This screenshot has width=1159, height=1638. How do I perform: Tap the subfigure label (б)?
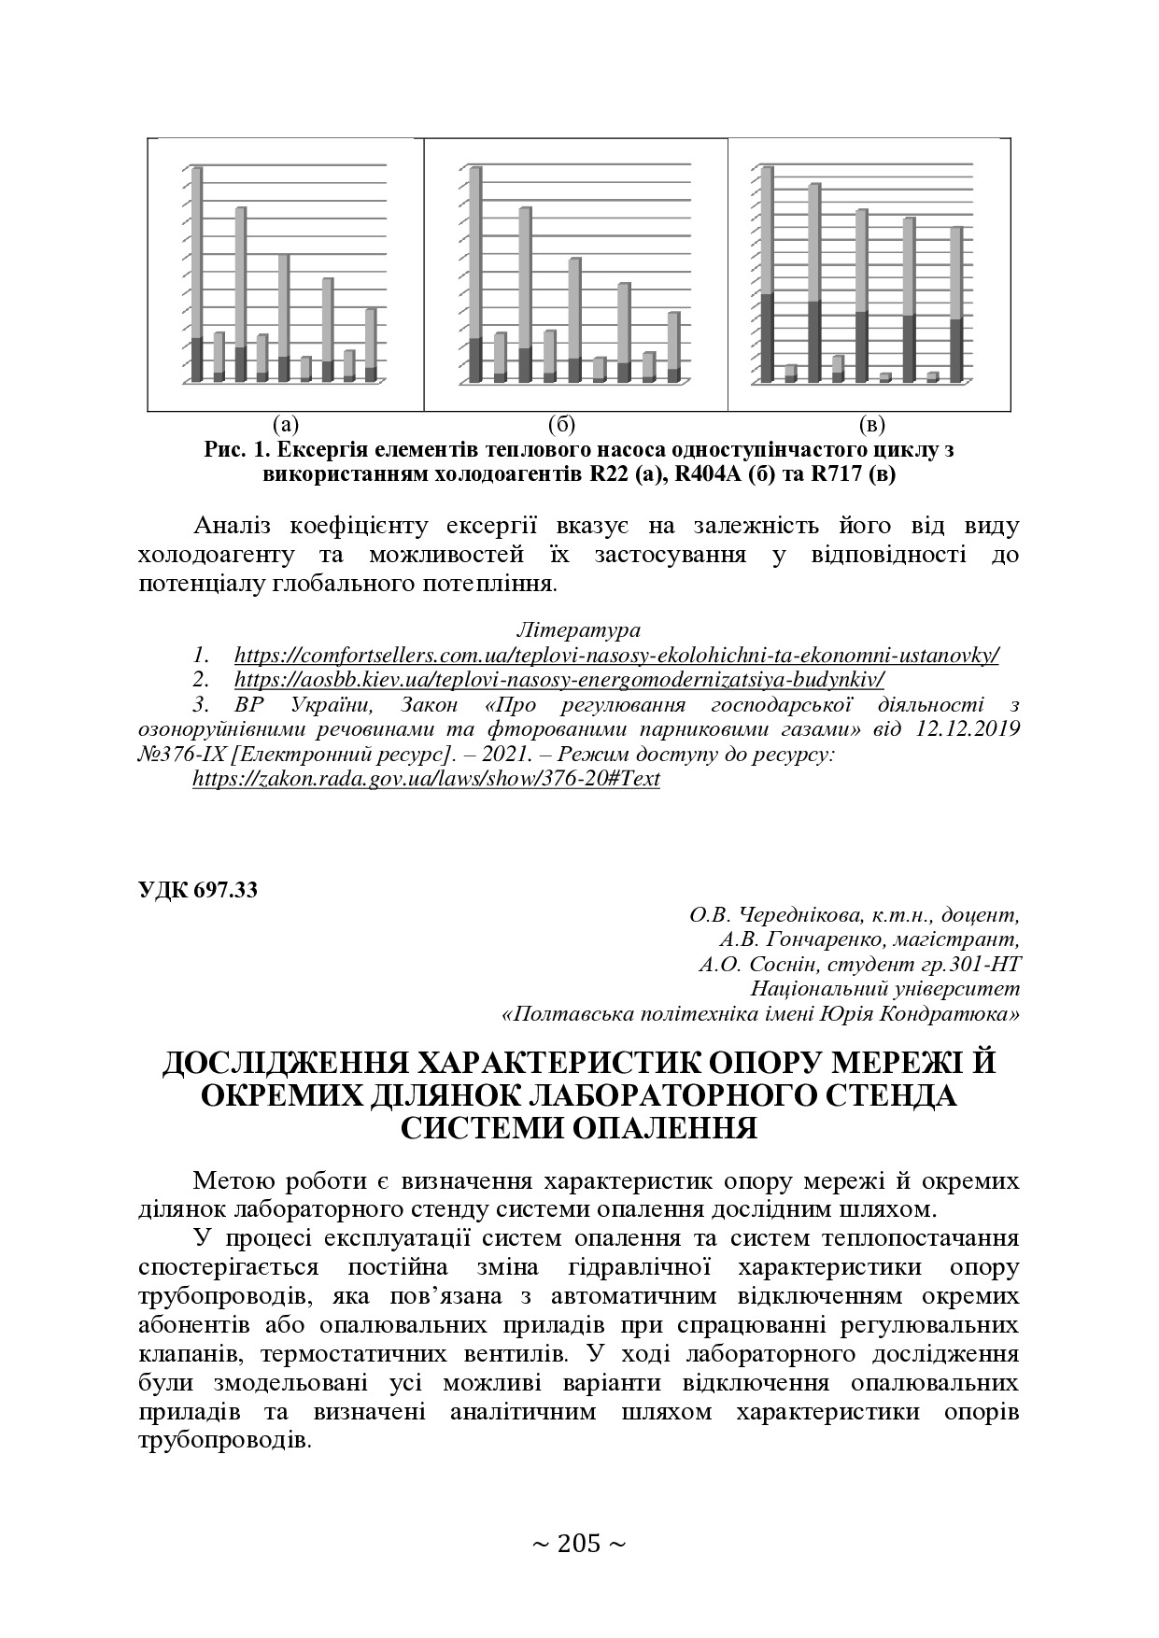pos(562,426)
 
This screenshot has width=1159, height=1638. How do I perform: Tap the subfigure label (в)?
pos(870,426)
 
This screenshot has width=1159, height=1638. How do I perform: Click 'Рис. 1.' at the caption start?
pos(236,449)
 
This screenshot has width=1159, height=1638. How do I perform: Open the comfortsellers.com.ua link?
pos(616,656)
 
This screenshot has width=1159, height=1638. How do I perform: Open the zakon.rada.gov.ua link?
pos(426,779)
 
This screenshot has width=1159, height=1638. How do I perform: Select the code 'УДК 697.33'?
pos(198,890)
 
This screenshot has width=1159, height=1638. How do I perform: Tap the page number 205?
pos(578,1544)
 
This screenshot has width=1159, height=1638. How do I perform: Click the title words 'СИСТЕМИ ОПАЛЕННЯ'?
pos(578,1127)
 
